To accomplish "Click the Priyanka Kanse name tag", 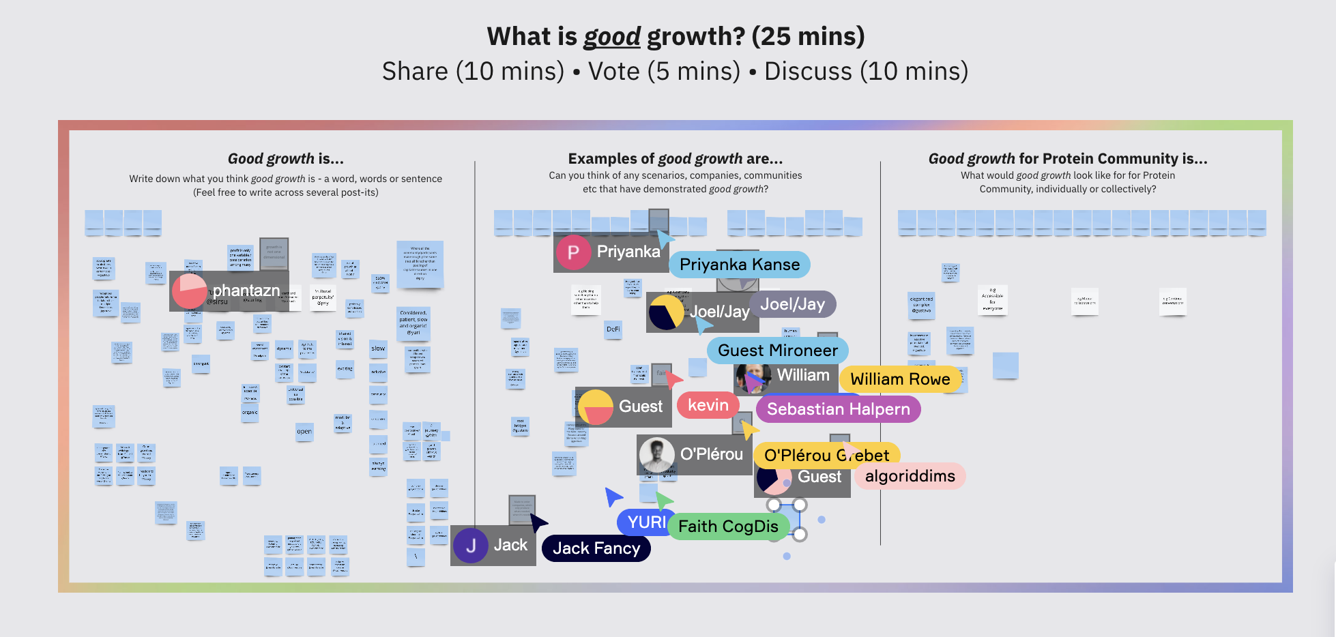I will coord(740,265).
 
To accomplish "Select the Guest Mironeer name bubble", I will coord(777,351).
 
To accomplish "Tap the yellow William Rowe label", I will coord(900,379).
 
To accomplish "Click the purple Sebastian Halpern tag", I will coord(838,409).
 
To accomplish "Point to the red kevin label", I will coord(708,405).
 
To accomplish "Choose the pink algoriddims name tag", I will coord(910,476).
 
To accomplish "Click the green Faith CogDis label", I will coord(728,527).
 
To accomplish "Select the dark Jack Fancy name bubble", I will coord(596,548).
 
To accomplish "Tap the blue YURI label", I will coord(645,522).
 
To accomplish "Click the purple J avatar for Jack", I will coord(471,546).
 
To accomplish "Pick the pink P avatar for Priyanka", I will coord(573,252).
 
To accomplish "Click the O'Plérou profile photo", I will coord(656,455).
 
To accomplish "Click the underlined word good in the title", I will coord(612,37).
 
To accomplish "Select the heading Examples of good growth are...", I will coord(675,159).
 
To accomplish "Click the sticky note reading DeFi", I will coord(613,329).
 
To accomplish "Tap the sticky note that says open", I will coord(304,432).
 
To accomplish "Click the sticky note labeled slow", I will coord(378,349).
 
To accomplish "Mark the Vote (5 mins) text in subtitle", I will coord(664,72).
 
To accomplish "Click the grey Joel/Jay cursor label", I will coord(792,304).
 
